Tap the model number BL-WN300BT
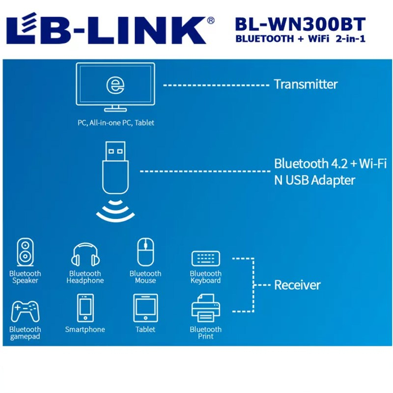(x=300, y=24)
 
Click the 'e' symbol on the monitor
(x=115, y=84)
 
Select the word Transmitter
(x=306, y=84)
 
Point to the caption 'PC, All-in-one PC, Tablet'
(x=116, y=123)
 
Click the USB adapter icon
(x=115, y=169)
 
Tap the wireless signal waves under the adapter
(x=115, y=210)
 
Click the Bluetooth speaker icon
(x=26, y=252)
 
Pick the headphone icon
(x=85, y=254)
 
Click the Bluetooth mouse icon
(x=145, y=252)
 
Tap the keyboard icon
(x=205, y=258)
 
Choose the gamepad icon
(x=26, y=311)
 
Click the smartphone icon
(x=85, y=308)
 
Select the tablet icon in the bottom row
(x=145, y=308)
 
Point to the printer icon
(x=205, y=308)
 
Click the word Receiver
(x=297, y=285)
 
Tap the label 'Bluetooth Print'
(x=205, y=333)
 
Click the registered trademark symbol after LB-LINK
(x=211, y=20)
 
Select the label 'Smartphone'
(x=85, y=329)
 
